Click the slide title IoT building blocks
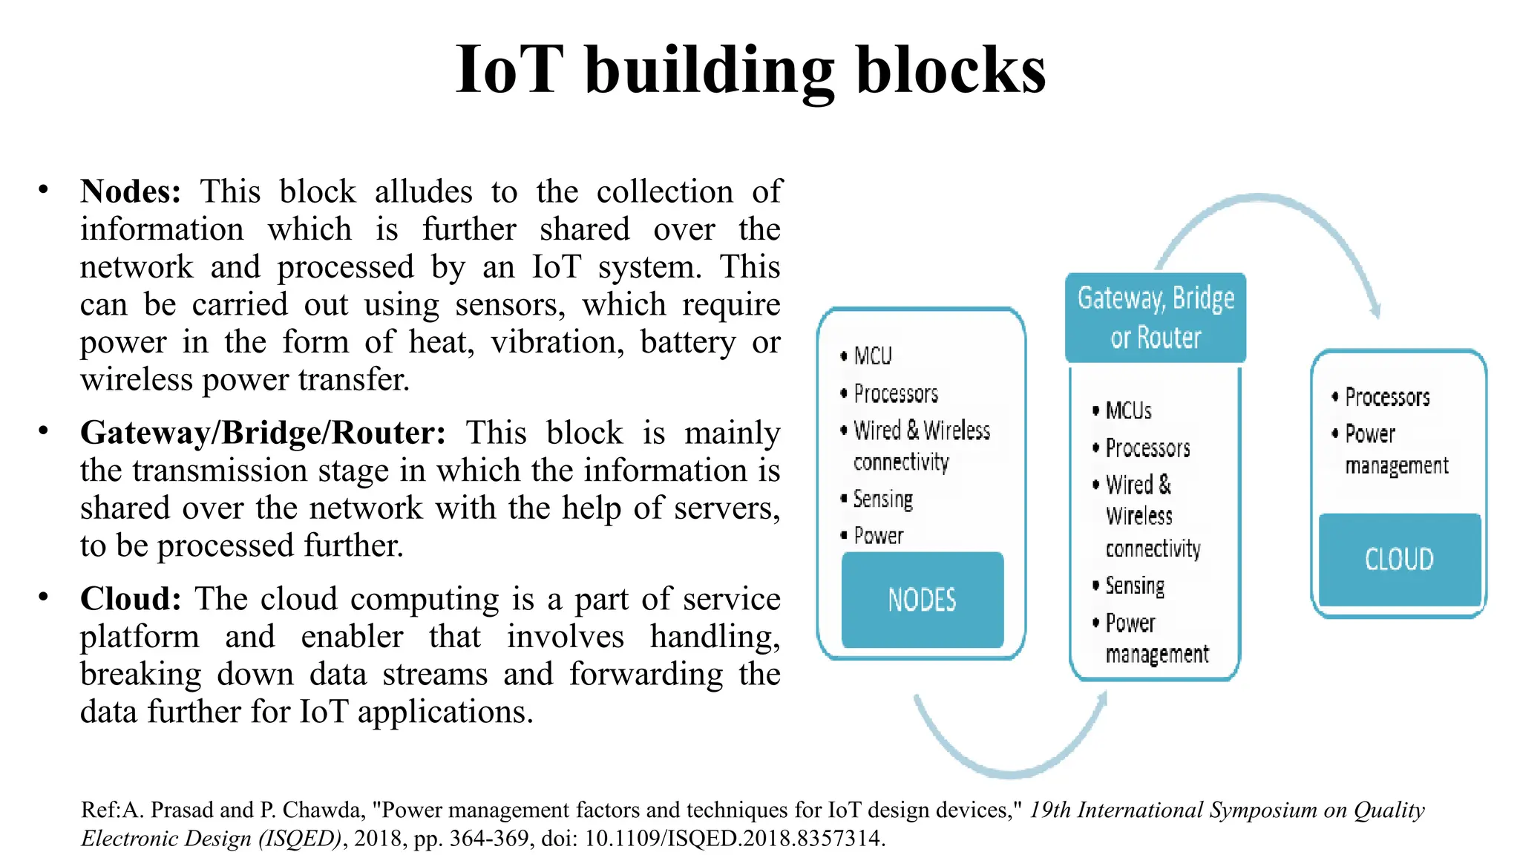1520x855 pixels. point(750,71)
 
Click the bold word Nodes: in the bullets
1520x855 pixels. point(131,191)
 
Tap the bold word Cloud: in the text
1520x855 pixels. point(131,599)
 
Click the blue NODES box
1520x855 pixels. point(923,600)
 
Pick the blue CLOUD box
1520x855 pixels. point(1399,559)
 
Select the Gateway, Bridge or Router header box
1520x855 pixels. point(1156,318)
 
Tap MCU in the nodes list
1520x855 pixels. point(873,356)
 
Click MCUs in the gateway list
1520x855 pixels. point(1128,410)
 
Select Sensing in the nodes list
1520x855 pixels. point(882,499)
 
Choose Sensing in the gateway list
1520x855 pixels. point(1135,586)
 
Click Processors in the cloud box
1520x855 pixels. point(1387,397)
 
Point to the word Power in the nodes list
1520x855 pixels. point(879,536)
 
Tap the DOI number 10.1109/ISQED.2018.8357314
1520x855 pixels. point(734,839)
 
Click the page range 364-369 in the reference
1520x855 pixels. point(489,839)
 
